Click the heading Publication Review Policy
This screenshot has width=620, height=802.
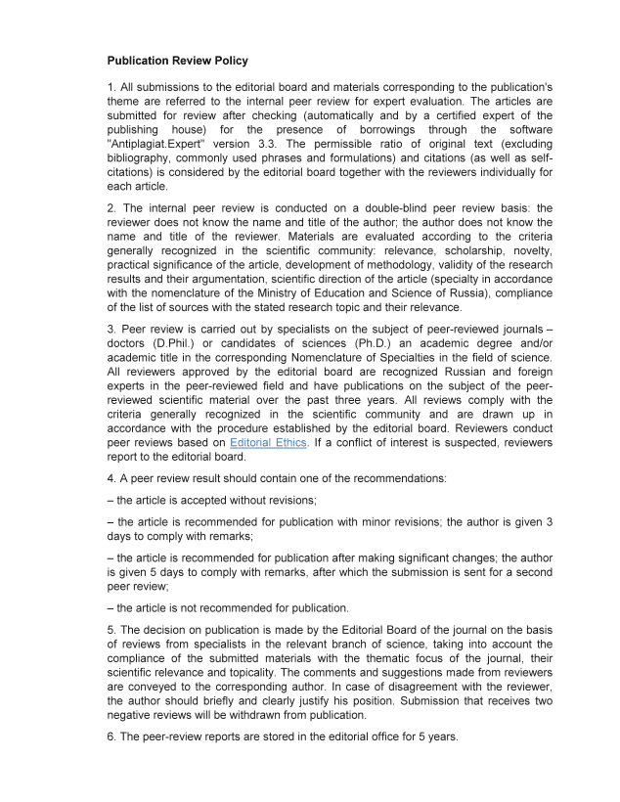pyautogui.click(x=177, y=61)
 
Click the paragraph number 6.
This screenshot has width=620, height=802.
pyautogui.click(x=111, y=736)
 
